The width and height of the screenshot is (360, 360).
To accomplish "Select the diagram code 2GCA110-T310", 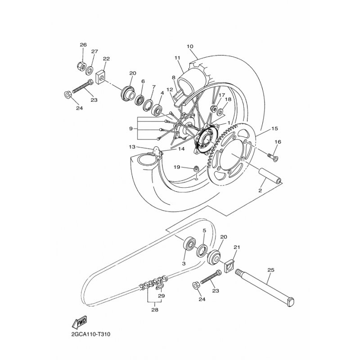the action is tap(91, 334).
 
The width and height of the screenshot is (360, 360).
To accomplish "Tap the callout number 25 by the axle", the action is tap(271, 270).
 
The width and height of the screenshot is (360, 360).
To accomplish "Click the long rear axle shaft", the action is tap(265, 288).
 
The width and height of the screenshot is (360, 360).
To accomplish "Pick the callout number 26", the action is tap(83, 45).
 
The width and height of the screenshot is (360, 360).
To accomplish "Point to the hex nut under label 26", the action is tap(81, 66).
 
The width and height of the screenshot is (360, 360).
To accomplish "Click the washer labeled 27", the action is tap(90, 70).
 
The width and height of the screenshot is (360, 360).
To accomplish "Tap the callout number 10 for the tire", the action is tap(190, 46).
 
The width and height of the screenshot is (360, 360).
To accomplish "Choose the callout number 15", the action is tap(274, 129).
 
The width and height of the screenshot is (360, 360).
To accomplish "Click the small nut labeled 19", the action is tap(196, 168).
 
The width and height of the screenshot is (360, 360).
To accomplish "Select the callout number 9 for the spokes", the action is tap(131, 129).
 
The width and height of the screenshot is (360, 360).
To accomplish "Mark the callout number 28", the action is tap(155, 310).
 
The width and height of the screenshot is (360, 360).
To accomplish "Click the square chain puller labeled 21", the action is tap(229, 265).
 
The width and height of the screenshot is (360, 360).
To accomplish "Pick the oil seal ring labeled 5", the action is tap(202, 250).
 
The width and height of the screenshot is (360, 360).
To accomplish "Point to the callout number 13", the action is tap(132, 147).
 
